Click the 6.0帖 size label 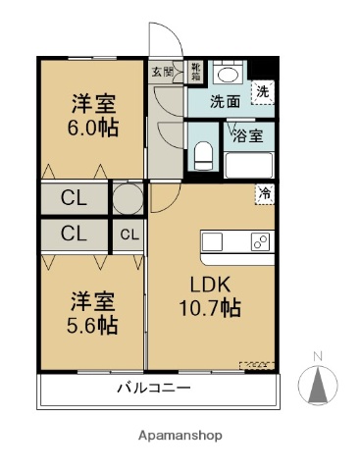point(92,128)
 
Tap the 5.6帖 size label point(92,326)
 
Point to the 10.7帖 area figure point(210,307)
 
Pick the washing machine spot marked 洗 point(261,91)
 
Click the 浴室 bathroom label point(247,136)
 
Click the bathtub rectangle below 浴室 point(249,163)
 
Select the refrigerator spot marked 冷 point(264,193)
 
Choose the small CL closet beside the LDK point(129,235)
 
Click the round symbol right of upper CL point(128,198)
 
